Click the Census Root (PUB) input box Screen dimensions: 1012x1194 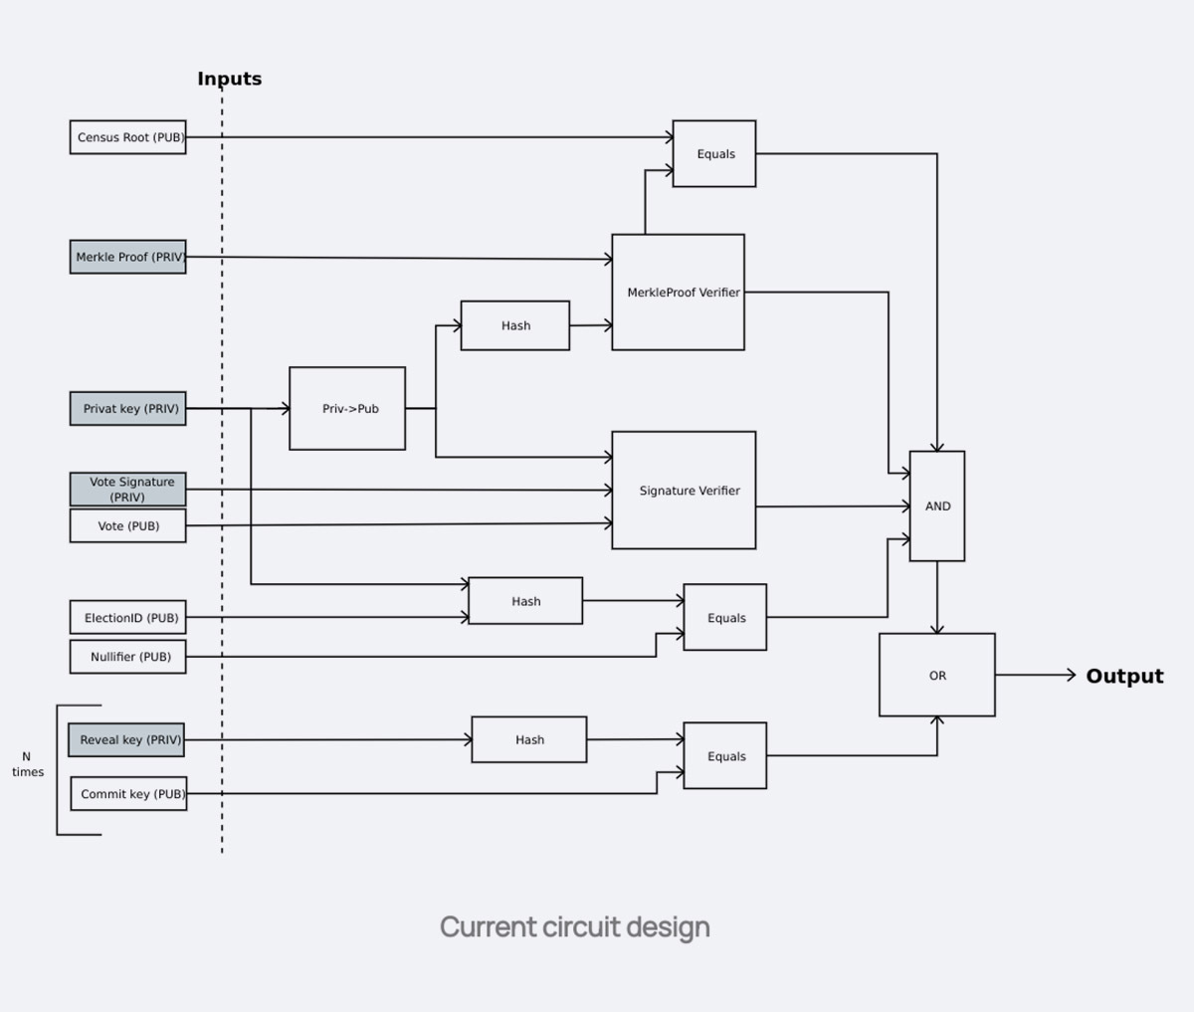tap(127, 137)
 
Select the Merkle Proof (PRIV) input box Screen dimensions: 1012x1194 tap(127, 257)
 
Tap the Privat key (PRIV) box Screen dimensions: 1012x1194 tap(127, 409)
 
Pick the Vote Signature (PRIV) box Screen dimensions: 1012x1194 tap(127, 489)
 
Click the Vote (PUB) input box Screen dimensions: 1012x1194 tap(127, 526)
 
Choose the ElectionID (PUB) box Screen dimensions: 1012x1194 tap(127, 618)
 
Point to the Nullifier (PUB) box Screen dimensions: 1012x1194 tap(127, 657)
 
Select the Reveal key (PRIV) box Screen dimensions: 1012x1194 tap(127, 740)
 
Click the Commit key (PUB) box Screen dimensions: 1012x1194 tap(128, 794)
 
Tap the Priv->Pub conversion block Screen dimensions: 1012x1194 tap(347, 409)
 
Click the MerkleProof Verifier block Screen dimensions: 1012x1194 tap(678, 293)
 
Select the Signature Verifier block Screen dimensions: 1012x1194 tap(684, 491)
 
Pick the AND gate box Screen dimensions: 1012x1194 tap(937, 506)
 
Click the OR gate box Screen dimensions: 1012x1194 tap(937, 676)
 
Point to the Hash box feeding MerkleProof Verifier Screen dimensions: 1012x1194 tap(515, 325)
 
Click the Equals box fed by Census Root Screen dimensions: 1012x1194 tap(714, 154)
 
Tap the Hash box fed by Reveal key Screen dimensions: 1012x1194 tap(529, 740)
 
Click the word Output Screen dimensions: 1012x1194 tap(1124, 677)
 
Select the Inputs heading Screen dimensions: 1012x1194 tap(229, 79)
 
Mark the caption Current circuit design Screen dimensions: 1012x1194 tap(575, 927)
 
